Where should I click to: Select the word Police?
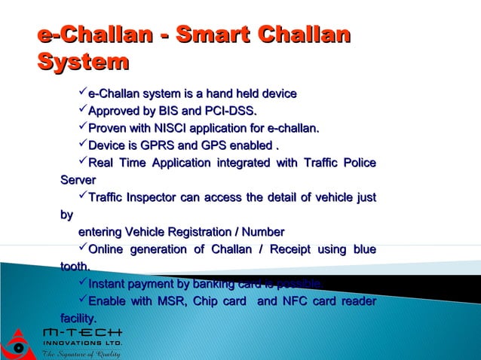tap(354, 163)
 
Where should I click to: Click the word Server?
tap(78, 180)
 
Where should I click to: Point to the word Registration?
tap(195, 231)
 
